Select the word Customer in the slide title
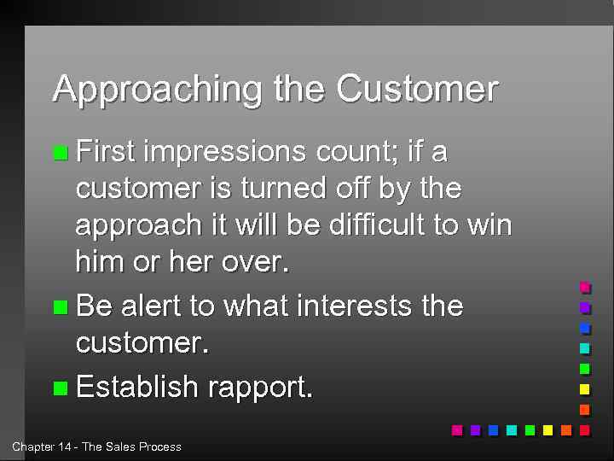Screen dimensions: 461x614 tap(417, 88)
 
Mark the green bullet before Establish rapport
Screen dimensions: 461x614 tap(60, 388)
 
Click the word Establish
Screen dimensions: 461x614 tap(136, 387)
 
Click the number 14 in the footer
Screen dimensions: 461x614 tap(63, 446)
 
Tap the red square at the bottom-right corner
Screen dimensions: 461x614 tap(584, 430)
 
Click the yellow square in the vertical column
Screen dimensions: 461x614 tap(584, 389)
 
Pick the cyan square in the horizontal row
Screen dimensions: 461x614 tap(512, 430)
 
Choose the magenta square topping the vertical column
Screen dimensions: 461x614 tap(584, 287)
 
